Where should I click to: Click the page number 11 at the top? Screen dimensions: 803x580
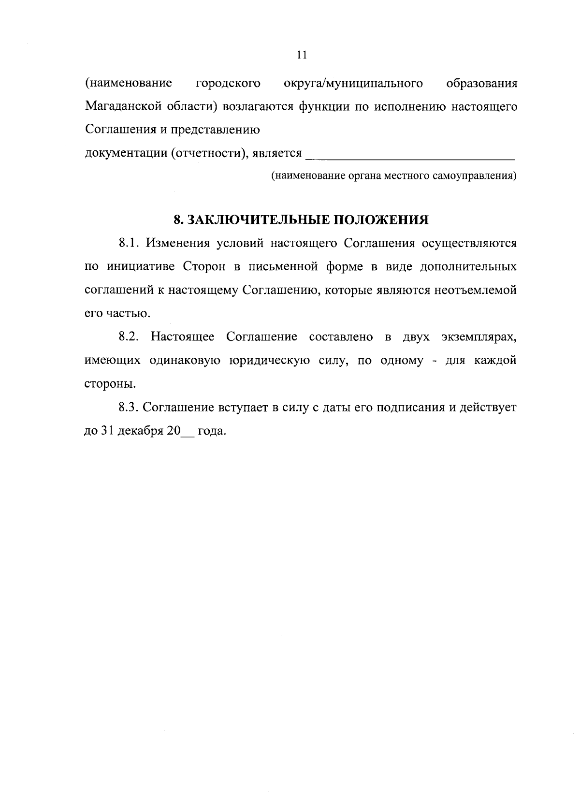[x=302, y=55]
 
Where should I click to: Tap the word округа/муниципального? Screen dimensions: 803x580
[x=353, y=83]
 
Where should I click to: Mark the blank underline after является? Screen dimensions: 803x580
[x=411, y=156]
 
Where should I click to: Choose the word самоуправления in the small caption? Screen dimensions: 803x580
[x=475, y=175]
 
